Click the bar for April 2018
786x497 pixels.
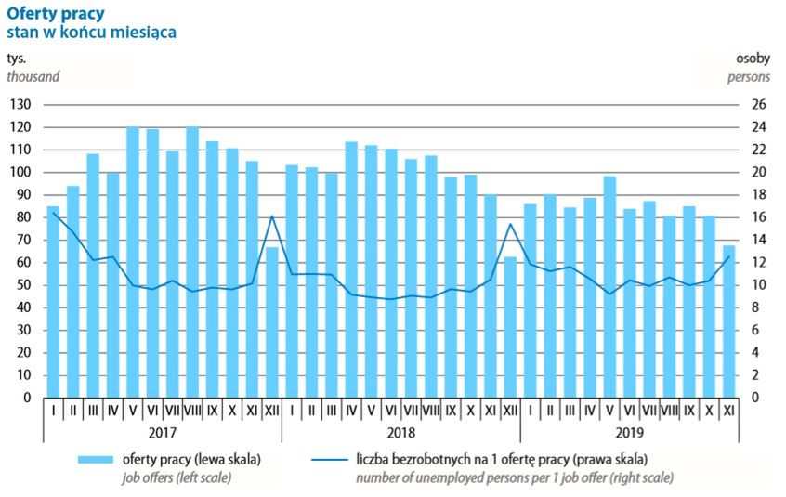point(351,269)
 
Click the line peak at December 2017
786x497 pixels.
point(272,216)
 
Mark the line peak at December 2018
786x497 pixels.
point(509,224)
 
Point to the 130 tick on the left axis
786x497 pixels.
point(22,104)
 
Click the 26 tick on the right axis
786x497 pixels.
point(758,104)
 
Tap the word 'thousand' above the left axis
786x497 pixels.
point(33,76)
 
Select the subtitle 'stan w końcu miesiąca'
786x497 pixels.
point(92,33)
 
